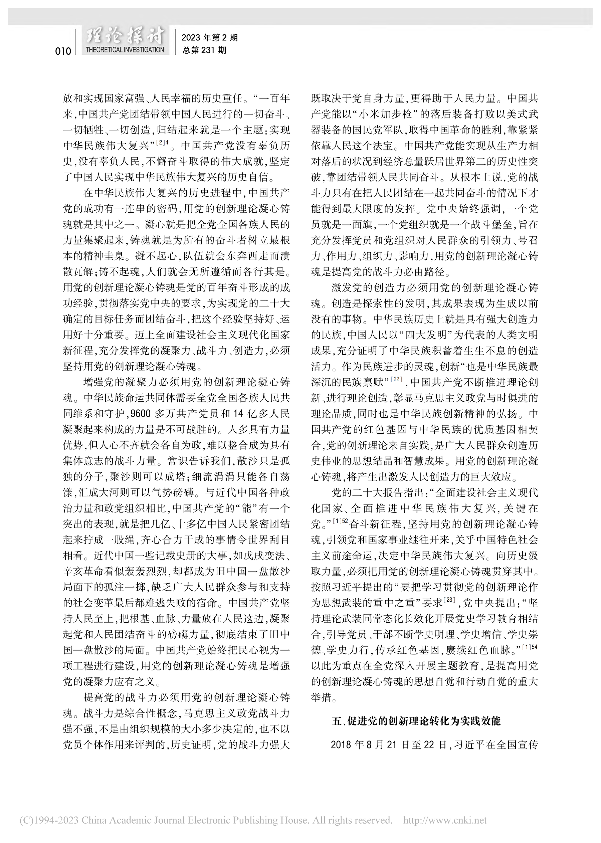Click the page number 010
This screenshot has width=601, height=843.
(x=63, y=51)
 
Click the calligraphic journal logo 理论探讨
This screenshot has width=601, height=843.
(x=125, y=37)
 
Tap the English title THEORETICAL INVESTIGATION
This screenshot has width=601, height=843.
(x=125, y=50)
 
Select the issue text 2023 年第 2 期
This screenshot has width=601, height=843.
(x=209, y=38)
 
